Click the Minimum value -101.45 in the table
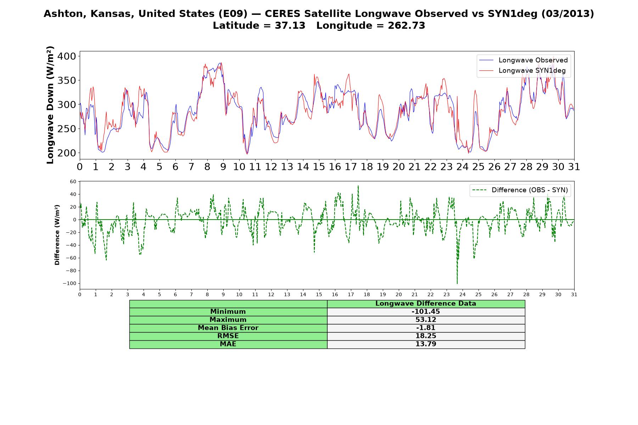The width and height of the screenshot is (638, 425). coord(426,312)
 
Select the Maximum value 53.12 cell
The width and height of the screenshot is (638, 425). coord(426,320)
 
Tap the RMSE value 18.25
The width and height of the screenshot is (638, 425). coord(426,336)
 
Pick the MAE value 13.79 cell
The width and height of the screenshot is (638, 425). coord(426,344)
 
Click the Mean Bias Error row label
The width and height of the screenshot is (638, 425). coord(228,328)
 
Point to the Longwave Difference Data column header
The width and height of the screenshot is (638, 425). coord(426,304)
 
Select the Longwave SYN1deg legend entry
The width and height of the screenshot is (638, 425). coord(522,70)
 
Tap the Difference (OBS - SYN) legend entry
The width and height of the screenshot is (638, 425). coord(520,190)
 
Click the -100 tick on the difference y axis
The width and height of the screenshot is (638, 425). coord(69,283)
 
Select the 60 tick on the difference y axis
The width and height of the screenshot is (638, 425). coord(73,181)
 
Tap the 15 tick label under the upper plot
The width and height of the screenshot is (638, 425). coord(319,167)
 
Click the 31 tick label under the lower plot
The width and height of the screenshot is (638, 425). coord(574,294)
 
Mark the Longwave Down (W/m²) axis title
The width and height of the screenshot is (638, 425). coord(50,105)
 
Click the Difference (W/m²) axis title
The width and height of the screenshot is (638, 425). coord(57,235)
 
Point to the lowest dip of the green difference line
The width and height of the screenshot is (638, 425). coord(457,284)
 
